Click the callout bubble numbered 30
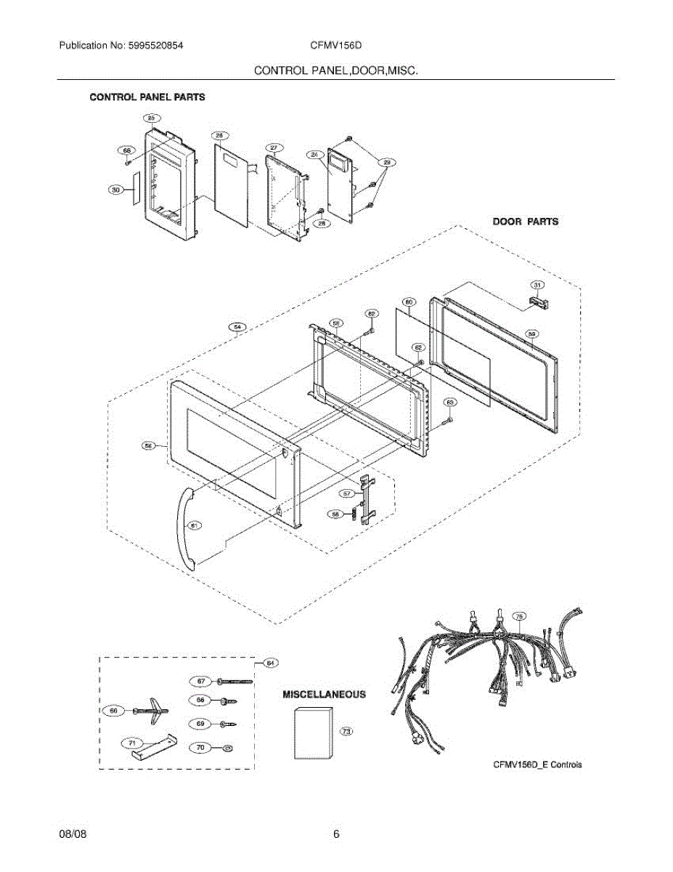click(x=115, y=190)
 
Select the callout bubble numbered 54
click(x=237, y=327)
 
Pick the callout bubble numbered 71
click(x=132, y=743)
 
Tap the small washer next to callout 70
click(x=228, y=747)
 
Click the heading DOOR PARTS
click(x=526, y=221)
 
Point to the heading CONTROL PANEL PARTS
click(x=147, y=97)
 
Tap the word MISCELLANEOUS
click(x=324, y=694)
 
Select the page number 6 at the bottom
click(x=336, y=834)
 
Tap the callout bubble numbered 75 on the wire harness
click(x=519, y=616)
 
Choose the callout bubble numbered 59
click(x=531, y=334)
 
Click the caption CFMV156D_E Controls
click(x=537, y=764)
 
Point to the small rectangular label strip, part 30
click(x=134, y=190)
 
